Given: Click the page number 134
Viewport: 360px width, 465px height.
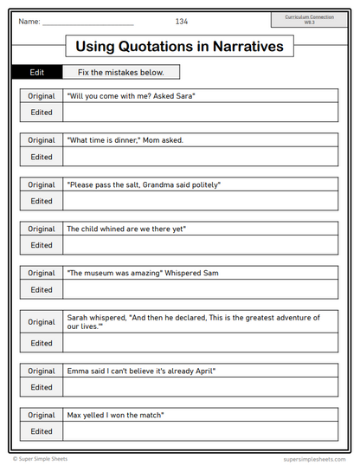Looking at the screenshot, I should point(182,21).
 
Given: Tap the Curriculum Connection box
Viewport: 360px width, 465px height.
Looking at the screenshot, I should point(309,19).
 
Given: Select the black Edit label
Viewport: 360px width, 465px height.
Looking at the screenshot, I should point(36,73).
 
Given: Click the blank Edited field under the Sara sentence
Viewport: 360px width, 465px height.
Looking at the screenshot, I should point(201,113).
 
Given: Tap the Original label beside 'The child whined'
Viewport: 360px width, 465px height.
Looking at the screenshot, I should point(41,229).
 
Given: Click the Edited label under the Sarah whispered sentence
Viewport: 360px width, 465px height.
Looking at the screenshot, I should point(41,343).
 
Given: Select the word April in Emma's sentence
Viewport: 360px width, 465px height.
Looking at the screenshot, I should point(200,371).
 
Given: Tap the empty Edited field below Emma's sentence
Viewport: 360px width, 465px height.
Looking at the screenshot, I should point(201,387).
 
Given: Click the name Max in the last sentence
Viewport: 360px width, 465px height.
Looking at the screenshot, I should point(74,415).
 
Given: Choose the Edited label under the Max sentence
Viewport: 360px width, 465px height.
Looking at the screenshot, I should point(41,431).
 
